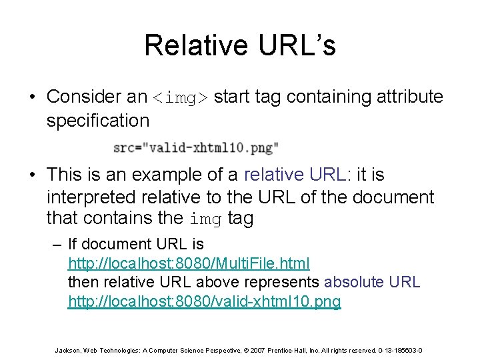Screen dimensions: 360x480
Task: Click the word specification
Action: pyautogui.click(x=98, y=121)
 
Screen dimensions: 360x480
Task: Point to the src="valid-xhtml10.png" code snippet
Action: pyautogui.click(x=196, y=147)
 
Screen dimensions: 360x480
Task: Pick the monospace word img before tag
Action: pyautogui.click(x=205, y=219)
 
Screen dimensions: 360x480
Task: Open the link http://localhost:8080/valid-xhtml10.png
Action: pyautogui.click(x=205, y=301)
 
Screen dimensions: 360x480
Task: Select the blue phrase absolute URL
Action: pyautogui.click(x=371, y=282)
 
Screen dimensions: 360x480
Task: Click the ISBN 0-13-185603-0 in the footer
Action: pyautogui.click(x=399, y=350)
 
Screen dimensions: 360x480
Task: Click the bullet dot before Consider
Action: pyautogui.click(x=32, y=97)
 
